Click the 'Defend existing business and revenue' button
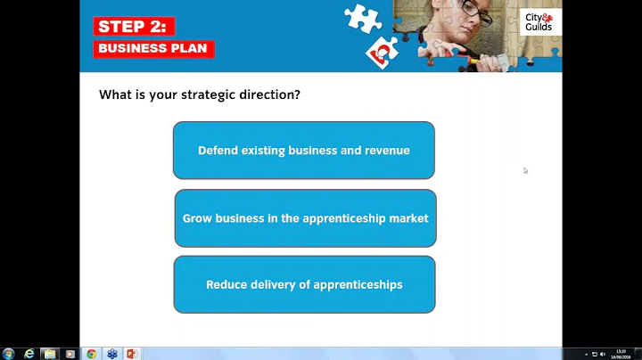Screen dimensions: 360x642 [303, 151]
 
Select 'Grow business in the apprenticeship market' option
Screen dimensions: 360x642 [305, 218]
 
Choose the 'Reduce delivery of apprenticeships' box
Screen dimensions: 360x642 [304, 285]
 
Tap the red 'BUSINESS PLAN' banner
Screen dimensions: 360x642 [152, 48]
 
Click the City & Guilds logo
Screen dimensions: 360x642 [539, 21]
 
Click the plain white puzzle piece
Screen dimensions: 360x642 [362, 17]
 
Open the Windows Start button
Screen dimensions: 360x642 [8, 354]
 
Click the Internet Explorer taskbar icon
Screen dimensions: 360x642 [29, 354]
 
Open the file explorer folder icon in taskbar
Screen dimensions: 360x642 [50, 354]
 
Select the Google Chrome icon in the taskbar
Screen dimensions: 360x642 [91, 354]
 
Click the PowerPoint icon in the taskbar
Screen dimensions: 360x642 [132, 354]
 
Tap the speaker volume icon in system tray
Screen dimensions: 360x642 [603, 354]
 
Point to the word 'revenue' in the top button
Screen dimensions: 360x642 [387, 151]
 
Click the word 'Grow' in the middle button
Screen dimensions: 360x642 [196, 218]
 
